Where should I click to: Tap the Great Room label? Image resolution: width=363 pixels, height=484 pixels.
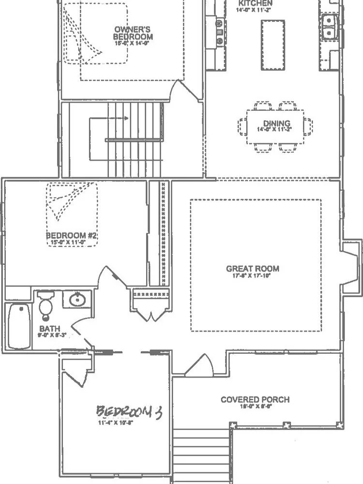pyautogui.click(x=253, y=269)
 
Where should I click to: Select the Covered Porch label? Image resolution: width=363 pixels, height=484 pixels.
pyautogui.click(x=255, y=399)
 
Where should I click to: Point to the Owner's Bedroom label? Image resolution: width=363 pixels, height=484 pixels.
pyautogui.click(x=133, y=32)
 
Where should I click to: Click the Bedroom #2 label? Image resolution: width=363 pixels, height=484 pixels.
pyautogui.click(x=72, y=236)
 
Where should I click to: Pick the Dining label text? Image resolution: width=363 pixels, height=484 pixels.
pyautogui.click(x=276, y=123)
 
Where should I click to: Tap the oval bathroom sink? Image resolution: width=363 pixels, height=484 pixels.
pyautogui.click(x=77, y=300)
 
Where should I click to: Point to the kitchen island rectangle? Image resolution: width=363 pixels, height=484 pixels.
pyautogui.click(x=272, y=44)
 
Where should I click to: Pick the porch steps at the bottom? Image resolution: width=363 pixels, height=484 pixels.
pyautogui.click(x=200, y=455)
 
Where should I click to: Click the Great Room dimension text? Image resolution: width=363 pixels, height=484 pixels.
pyautogui.click(x=253, y=277)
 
